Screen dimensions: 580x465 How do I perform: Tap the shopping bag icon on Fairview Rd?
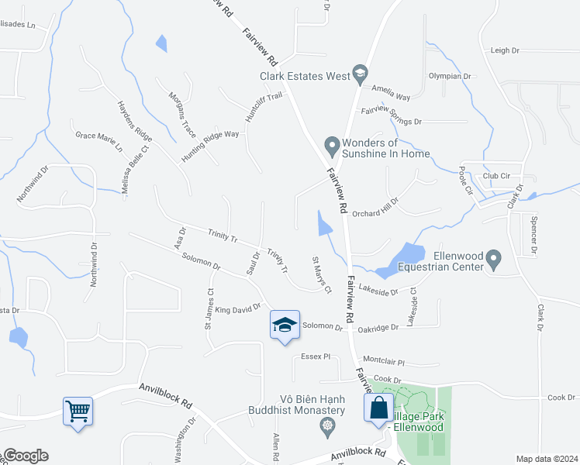click(378, 406)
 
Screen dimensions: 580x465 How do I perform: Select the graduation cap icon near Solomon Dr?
click(285, 325)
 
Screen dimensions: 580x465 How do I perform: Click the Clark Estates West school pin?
click(360, 75)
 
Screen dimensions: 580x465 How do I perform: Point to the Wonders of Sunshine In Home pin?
click(332, 145)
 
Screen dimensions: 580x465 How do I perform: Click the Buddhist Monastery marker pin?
click(328, 425)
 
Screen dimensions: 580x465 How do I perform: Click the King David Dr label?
click(238, 309)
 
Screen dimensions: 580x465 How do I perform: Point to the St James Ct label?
click(209, 309)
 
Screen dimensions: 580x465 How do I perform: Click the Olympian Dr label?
click(451, 76)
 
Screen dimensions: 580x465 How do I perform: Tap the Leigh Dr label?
click(505, 50)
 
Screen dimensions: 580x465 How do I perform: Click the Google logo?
click(26, 456)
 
